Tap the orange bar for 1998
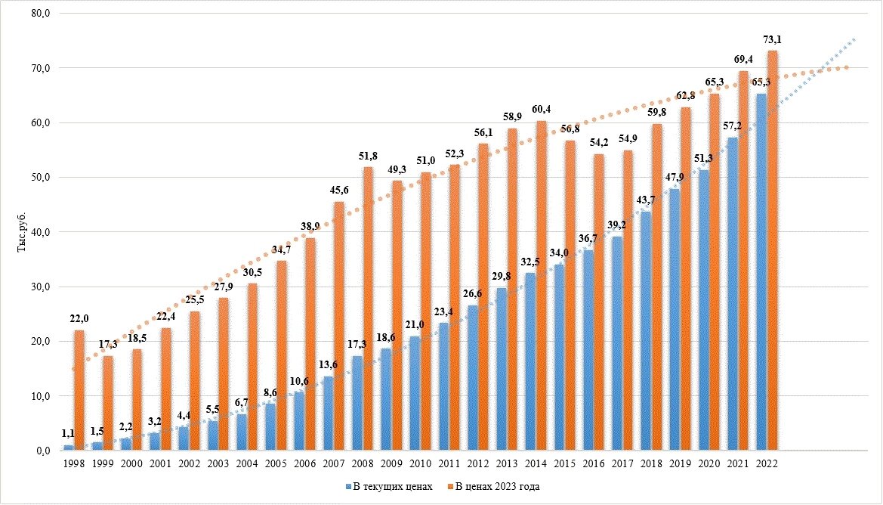79,390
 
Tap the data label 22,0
79,320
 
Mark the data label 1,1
68,435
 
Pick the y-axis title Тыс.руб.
21,231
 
